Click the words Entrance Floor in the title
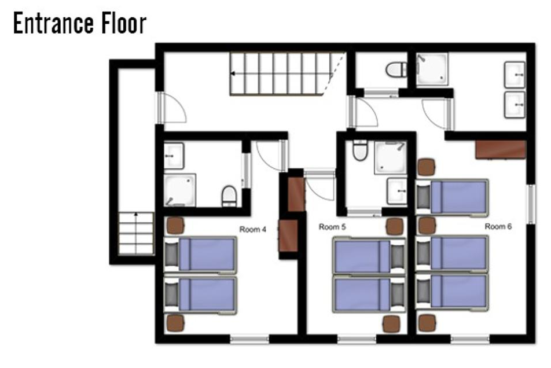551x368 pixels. (x=80, y=23)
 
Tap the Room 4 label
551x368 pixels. (x=253, y=229)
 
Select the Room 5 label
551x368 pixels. (x=332, y=227)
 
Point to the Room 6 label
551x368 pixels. (x=498, y=226)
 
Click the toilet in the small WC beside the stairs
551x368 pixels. (x=396, y=69)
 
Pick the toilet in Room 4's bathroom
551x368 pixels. (x=229, y=196)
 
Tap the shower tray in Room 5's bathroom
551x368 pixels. (x=391, y=157)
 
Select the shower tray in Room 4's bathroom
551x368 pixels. (x=180, y=190)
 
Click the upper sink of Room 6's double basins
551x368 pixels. (x=515, y=75)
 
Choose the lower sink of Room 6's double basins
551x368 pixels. (x=515, y=105)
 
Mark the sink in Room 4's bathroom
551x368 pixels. (x=174, y=156)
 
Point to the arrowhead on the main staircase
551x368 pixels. (x=233, y=73)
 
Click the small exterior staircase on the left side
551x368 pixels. (x=136, y=233)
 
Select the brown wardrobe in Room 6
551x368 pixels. (x=501, y=150)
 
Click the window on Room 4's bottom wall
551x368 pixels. (x=249, y=339)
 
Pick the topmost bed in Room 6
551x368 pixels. (x=452, y=197)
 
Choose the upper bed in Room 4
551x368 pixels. (x=200, y=255)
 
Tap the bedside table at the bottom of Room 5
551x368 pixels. (x=391, y=324)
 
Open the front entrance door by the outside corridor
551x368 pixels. (x=172, y=108)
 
